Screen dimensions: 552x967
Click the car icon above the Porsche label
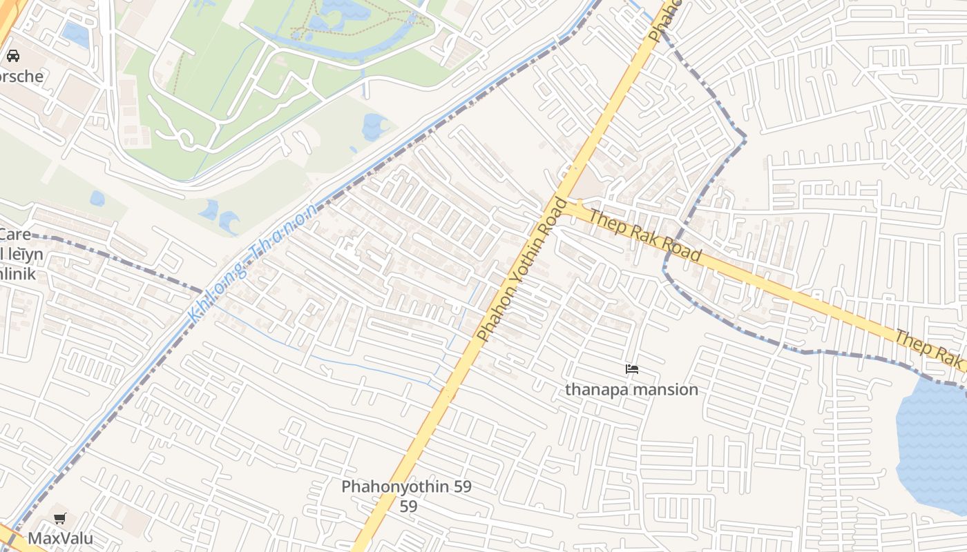[12, 56]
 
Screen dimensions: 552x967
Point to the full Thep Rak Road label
[644, 235]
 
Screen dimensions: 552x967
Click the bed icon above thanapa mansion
[631, 369]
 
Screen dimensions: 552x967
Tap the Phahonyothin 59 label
[406, 486]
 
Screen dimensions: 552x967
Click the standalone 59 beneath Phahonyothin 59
[408, 506]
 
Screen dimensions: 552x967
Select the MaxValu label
[60, 538]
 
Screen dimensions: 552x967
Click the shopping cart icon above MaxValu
[60, 518]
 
